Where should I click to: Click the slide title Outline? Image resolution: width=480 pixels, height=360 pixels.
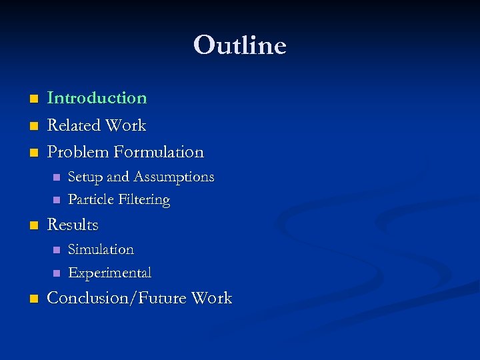point(239,45)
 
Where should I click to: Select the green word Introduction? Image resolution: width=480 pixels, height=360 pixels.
point(97,98)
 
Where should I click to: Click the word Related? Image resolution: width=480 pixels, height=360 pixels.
point(73,125)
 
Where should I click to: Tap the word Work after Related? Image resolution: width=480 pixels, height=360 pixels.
point(125,125)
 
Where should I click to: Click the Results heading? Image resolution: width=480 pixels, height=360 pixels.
point(73,225)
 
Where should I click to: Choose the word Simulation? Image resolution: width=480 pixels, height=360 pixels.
point(101,250)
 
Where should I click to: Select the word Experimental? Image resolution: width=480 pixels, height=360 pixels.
point(109,273)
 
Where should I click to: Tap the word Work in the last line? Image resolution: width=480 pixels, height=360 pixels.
point(211,298)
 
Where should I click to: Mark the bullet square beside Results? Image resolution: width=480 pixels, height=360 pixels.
point(34,226)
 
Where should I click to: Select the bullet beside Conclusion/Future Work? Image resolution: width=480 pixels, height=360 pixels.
point(34,299)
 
